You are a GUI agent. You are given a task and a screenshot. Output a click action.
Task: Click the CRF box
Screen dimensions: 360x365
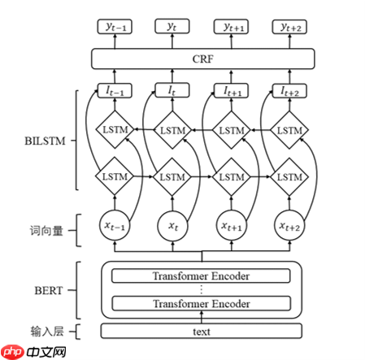[202, 59]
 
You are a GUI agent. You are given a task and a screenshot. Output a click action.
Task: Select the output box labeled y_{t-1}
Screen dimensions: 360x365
[114, 28]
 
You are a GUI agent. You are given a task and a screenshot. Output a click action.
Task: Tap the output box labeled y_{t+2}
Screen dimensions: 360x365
[289, 28]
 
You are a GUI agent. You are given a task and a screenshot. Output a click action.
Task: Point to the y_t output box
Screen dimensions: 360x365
[172, 28]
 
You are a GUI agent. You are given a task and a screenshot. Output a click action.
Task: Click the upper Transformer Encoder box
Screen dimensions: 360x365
[202, 276]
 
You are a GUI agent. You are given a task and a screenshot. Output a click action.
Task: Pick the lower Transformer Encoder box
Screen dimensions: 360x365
[202, 304]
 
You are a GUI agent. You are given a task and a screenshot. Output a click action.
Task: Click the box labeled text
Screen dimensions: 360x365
[202, 331]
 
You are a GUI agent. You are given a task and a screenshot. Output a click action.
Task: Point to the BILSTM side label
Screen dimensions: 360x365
[46, 140]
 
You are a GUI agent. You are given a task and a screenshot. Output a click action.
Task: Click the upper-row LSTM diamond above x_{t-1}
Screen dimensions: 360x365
[114, 130]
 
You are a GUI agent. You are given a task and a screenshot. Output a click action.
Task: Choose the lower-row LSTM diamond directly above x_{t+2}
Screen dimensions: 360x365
[289, 176]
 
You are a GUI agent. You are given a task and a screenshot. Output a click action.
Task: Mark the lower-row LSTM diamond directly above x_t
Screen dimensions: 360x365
[172, 176]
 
